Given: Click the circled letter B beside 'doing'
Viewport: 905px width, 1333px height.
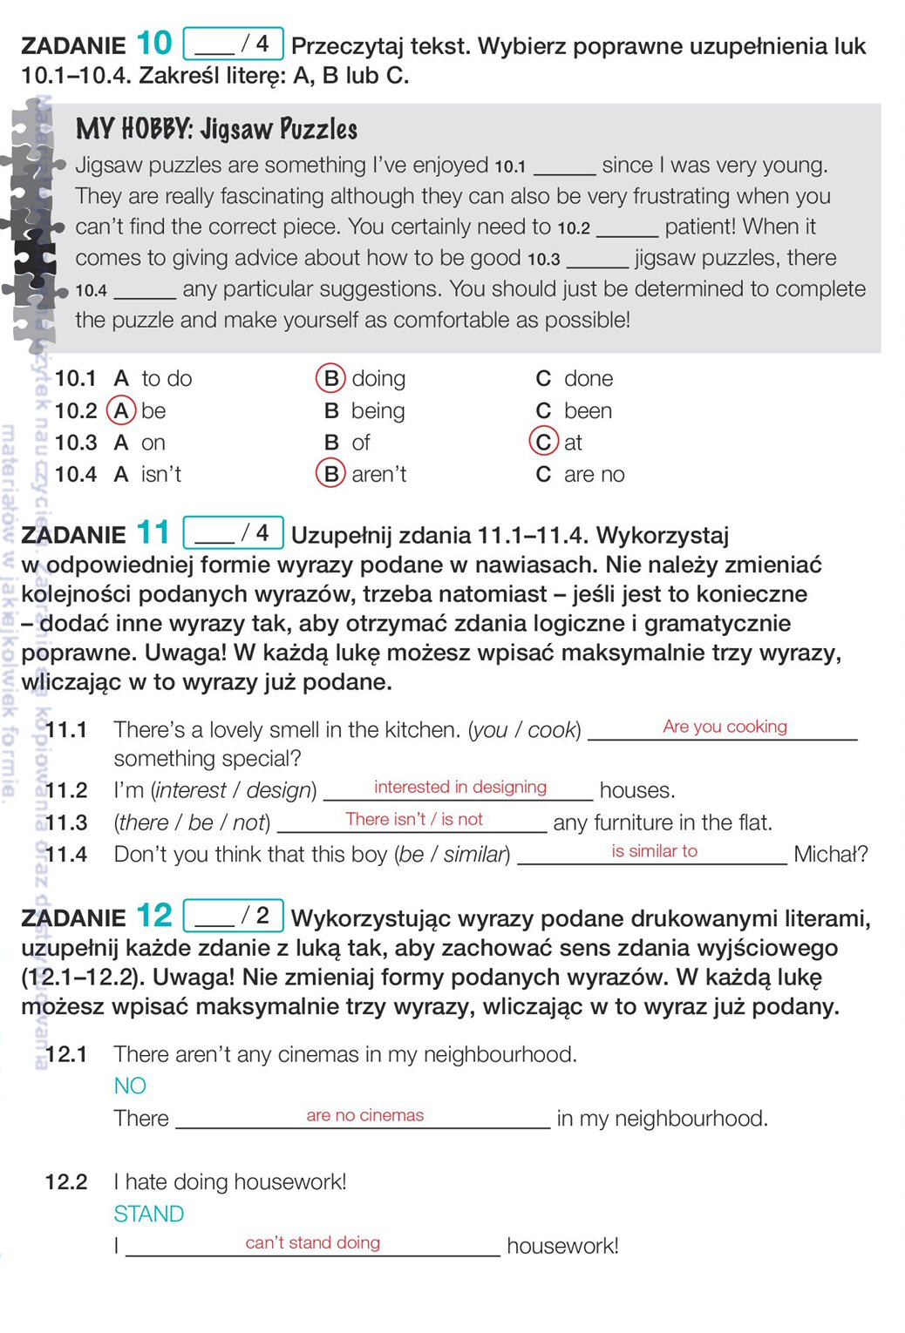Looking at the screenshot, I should click(x=330, y=379).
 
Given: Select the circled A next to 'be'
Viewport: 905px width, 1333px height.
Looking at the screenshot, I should click(x=121, y=410).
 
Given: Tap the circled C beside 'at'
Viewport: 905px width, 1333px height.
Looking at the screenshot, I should click(x=543, y=443).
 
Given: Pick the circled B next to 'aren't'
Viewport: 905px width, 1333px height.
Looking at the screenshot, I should click(x=330, y=474).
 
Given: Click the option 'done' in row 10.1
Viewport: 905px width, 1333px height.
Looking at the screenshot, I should click(x=588, y=379).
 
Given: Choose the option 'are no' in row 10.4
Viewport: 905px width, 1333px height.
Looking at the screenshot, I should click(x=594, y=475).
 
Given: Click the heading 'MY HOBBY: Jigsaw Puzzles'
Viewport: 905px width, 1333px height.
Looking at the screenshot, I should click(x=216, y=130).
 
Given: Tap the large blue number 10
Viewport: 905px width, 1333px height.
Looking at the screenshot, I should click(x=154, y=44).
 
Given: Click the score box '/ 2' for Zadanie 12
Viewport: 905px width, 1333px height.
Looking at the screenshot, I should click(x=233, y=915).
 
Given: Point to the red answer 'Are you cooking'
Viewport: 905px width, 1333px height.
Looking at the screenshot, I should click(x=725, y=727).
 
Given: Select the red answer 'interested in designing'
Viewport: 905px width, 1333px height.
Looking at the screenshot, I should click(x=460, y=787).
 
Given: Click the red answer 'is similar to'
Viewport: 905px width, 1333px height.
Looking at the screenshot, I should click(x=654, y=851).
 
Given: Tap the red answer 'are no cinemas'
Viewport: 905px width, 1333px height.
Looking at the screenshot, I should click(x=364, y=1115).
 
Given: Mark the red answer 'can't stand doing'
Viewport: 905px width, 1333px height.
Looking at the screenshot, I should click(x=312, y=1242).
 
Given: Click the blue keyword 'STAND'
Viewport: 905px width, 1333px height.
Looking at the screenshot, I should click(x=148, y=1214).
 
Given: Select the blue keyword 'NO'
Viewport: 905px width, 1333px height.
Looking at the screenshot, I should click(x=130, y=1086).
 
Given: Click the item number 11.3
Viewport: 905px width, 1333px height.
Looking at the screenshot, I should click(x=66, y=822).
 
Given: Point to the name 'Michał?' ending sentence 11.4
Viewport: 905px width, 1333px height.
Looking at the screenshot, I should click(x=830, y=854).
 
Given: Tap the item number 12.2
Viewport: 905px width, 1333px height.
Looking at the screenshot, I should click(x=66, y=1182).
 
